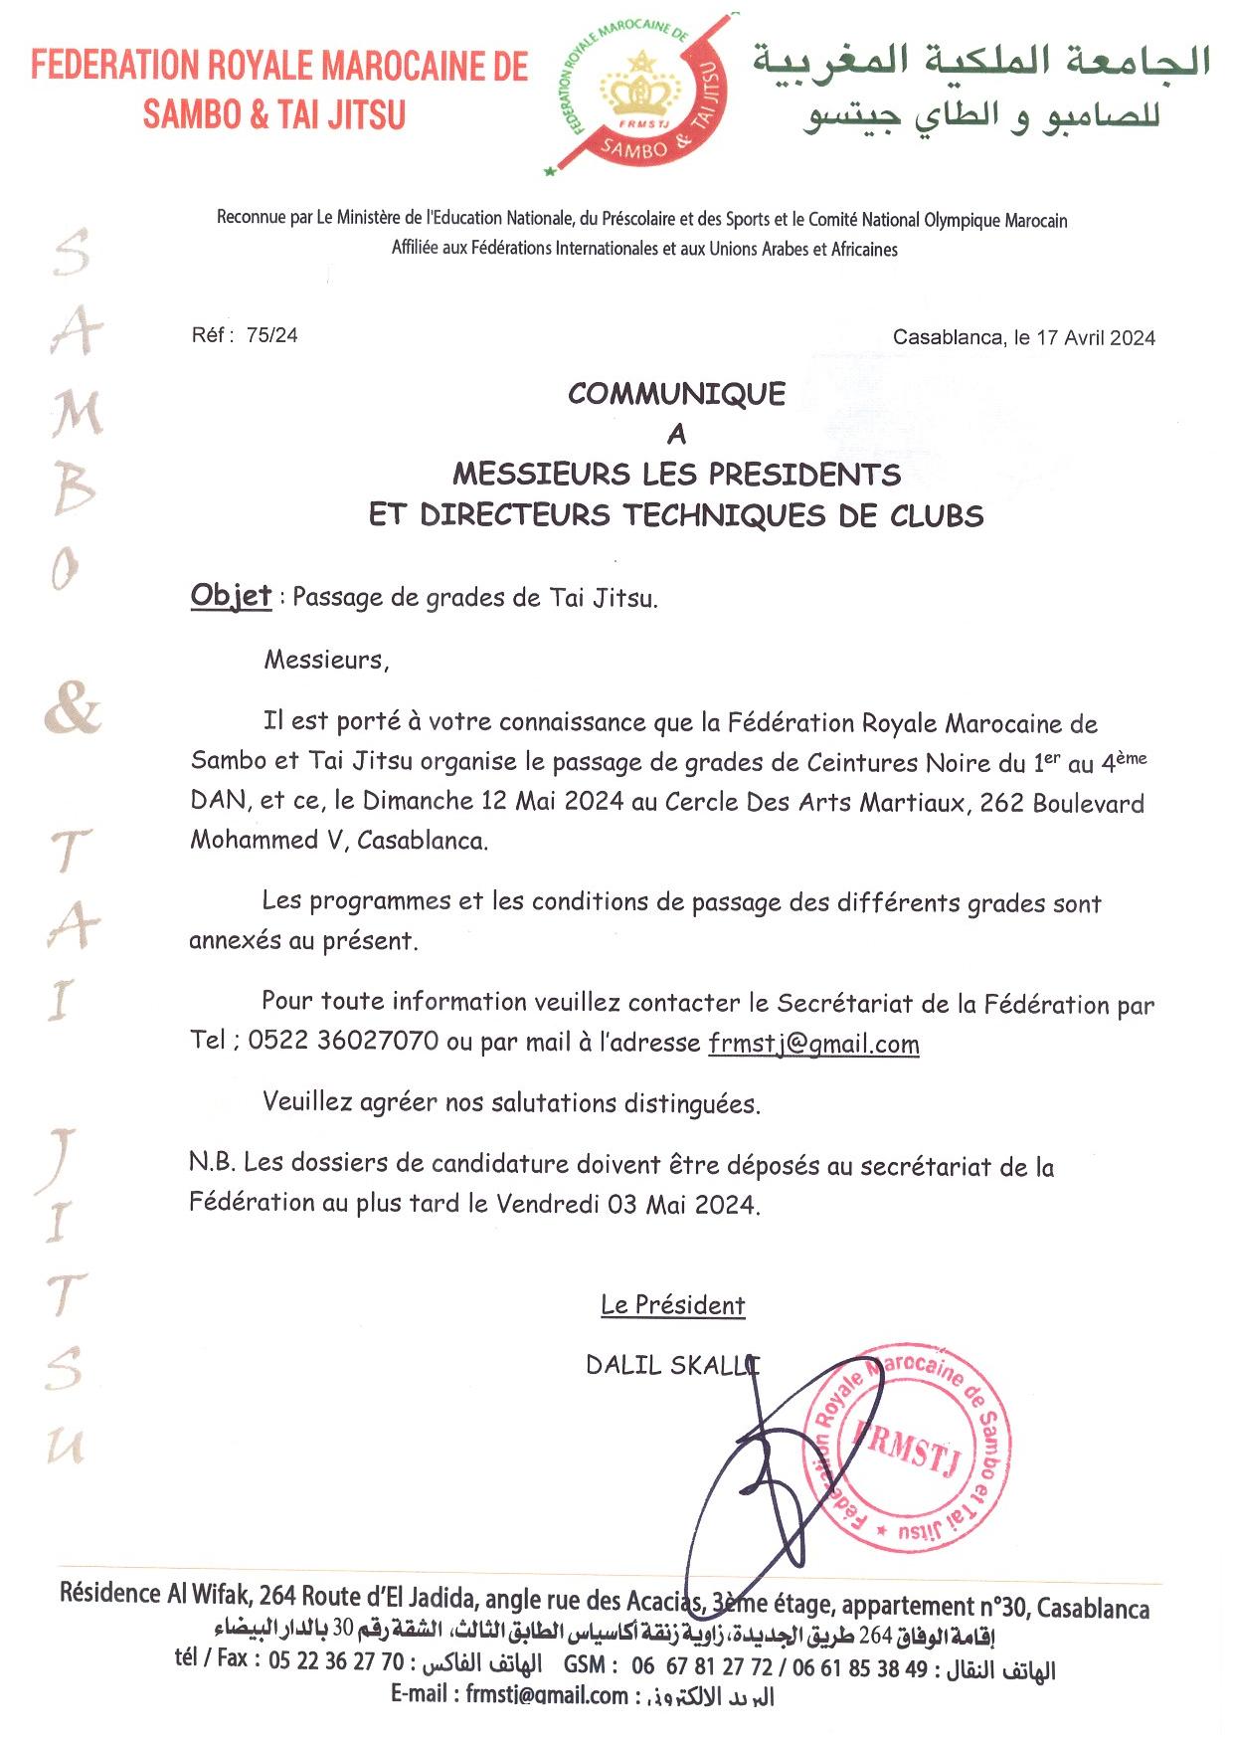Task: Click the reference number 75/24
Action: point(271,335)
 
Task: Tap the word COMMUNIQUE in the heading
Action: point(676,394)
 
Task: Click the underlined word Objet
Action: point(231,596)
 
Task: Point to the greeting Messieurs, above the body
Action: point(326,660)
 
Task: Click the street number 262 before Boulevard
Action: point(1001,803)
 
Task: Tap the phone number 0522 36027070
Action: point(343,1041)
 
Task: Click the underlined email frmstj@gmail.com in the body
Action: point(813,1044)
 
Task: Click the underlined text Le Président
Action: point(672,1305)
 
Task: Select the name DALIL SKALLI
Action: point(672,1365)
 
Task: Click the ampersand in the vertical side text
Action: point(73,709)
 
